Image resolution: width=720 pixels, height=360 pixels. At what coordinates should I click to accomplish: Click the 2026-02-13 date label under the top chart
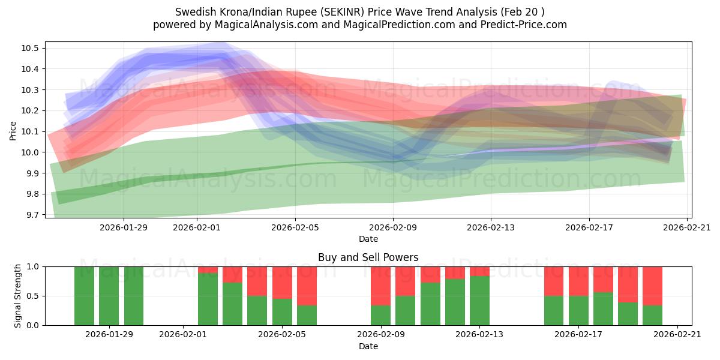[x=491, y=227]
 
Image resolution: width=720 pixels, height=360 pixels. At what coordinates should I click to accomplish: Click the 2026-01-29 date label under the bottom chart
[x=109, y=335]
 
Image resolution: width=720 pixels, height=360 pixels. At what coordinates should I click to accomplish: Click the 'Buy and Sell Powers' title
[x=368, y=257]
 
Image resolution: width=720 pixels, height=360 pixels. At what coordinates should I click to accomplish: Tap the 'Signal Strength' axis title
[x=18, y=296]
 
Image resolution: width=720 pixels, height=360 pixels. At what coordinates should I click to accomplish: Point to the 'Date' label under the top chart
[x=368, y=239]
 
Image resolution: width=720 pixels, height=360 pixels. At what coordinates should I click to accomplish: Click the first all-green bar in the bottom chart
[x=84, y=296]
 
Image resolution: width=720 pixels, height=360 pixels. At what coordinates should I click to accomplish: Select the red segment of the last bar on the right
[x=652, y=285]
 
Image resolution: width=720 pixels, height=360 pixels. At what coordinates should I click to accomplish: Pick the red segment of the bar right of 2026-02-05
[x=307, y=285]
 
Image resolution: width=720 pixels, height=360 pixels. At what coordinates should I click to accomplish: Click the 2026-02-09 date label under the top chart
[x=393, y=227]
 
